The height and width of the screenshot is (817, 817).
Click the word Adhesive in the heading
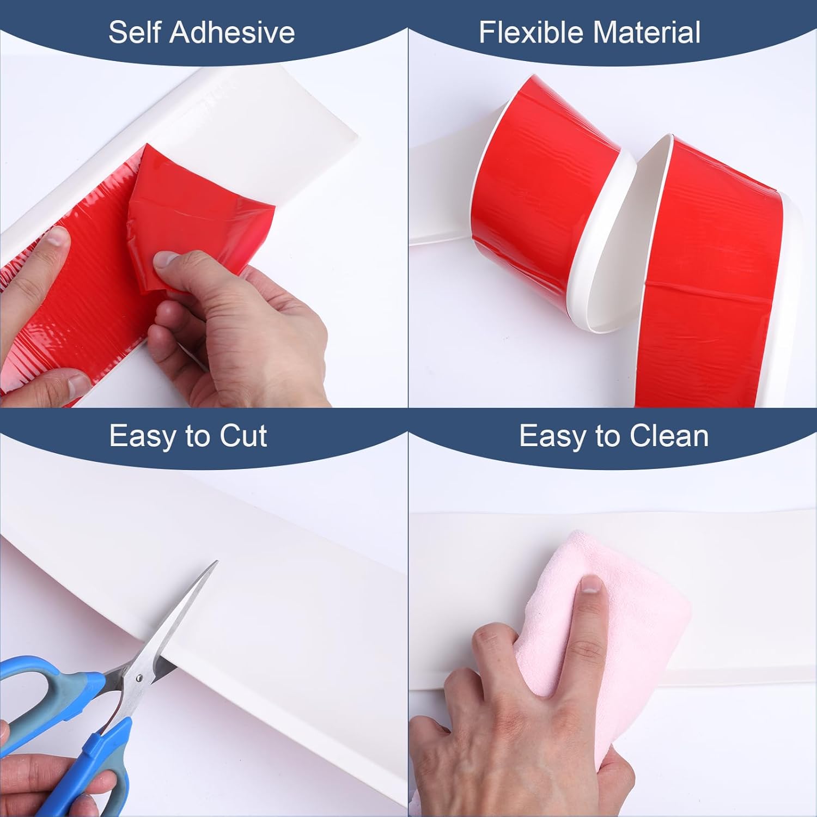[x=233, y=32]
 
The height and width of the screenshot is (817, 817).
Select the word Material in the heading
[x=657, y=32]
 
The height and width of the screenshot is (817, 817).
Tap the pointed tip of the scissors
[x=216, y=562]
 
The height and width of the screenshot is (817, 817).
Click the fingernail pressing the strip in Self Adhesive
[x=56, y=240]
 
